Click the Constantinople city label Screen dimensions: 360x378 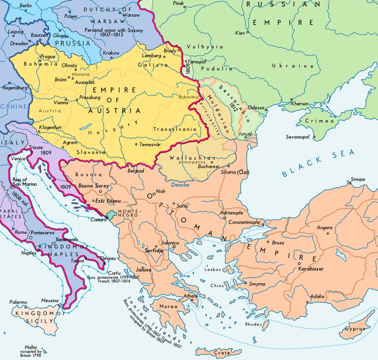tap(244, 222)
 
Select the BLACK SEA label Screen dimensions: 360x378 tap(318, 163)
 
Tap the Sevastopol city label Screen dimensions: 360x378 tap(298, 137)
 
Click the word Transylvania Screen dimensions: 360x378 tap(175, 129)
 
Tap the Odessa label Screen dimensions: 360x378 tap(256, 108)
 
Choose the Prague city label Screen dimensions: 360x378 tap(48, 57)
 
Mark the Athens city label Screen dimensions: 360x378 tap(191, 296)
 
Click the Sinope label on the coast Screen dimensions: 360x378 tap(357, 179)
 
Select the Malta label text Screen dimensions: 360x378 tap(31, 347)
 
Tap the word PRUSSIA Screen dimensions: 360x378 tap(73, 43)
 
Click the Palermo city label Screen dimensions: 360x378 tap(18, 302)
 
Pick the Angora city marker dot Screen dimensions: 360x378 tap(327, 233)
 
